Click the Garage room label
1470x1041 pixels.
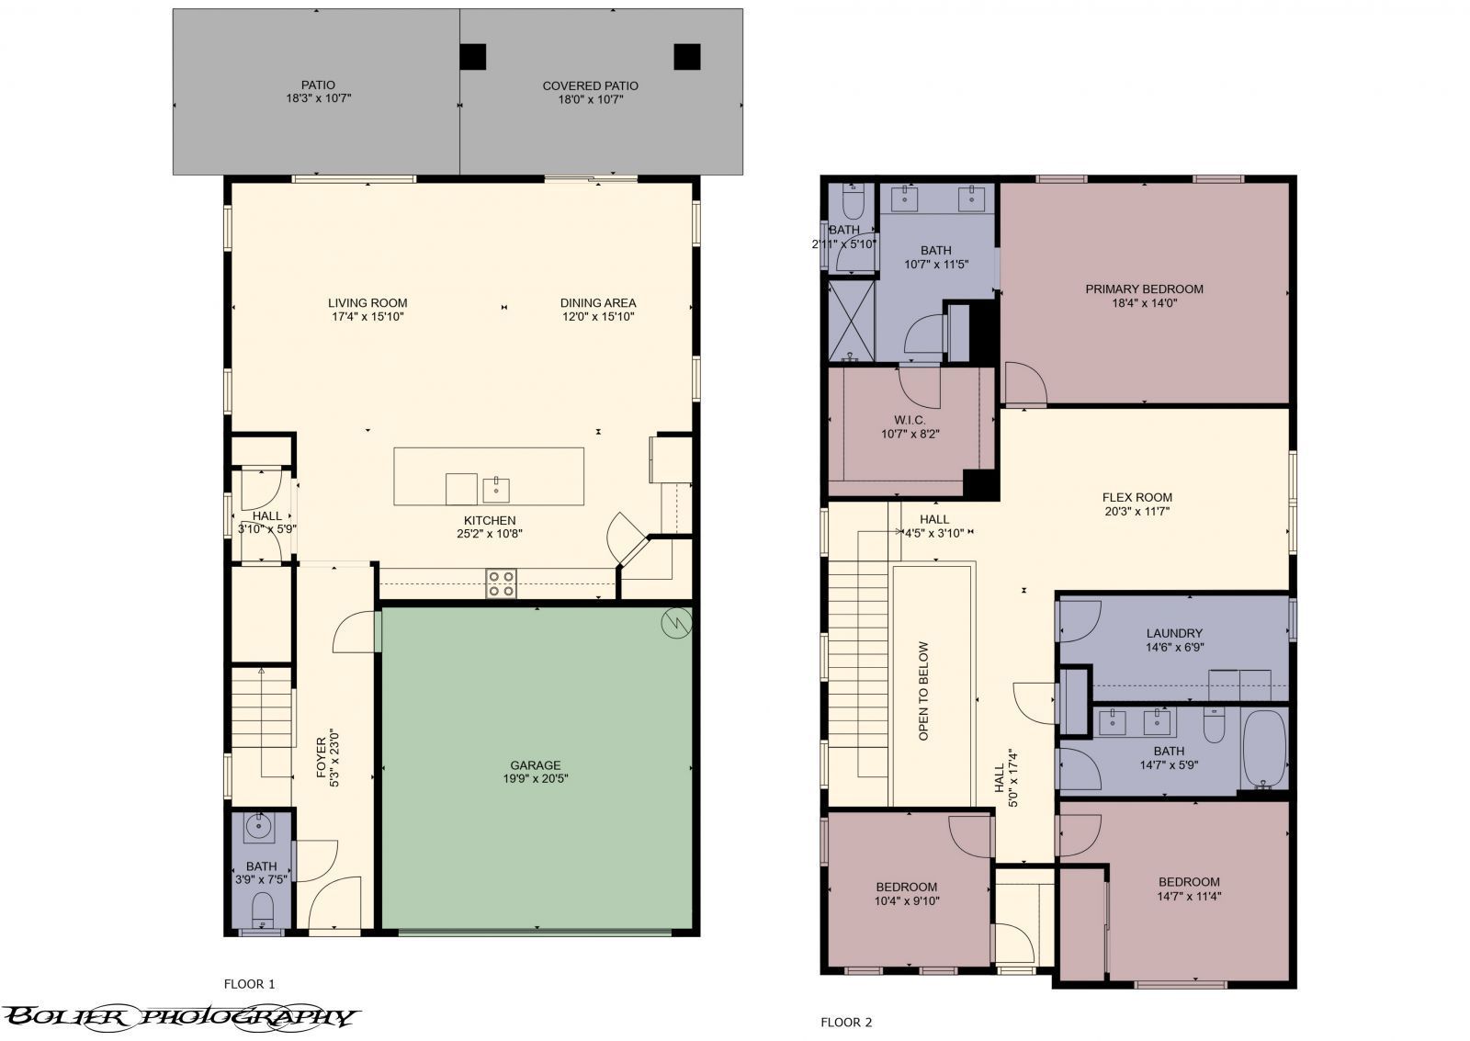[x=536, y=765]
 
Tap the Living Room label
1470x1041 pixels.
[x=367, y=303]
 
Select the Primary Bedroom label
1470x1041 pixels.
[x=1145, y=289]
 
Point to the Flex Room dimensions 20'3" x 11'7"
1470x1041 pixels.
[x=1137, y=512]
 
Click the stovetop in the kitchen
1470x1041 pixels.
[x=501, y=583]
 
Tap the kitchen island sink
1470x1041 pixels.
[x=496, y=490]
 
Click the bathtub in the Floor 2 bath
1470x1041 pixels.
[x=1264, y=749]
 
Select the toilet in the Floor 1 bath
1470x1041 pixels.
[x=263, y=909]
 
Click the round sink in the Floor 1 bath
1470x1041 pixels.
[x=258, y=828]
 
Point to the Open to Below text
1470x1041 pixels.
[x=924, y=691]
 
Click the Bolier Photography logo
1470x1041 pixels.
[x=180, y=1017]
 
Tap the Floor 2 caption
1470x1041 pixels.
[x=846, y=1022]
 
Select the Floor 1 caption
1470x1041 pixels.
[x=249, y=984]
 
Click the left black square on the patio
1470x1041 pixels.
[x=472, y=57]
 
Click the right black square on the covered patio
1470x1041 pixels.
[x=687, y=57]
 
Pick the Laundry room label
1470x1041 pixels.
[x=1175, y=633]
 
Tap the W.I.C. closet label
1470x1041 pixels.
[x=910, y=420]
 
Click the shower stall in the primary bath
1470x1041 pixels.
[x=851, y=321]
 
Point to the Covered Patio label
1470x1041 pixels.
[x=591, y=86]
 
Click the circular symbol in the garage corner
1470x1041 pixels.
[x=676, y=623]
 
